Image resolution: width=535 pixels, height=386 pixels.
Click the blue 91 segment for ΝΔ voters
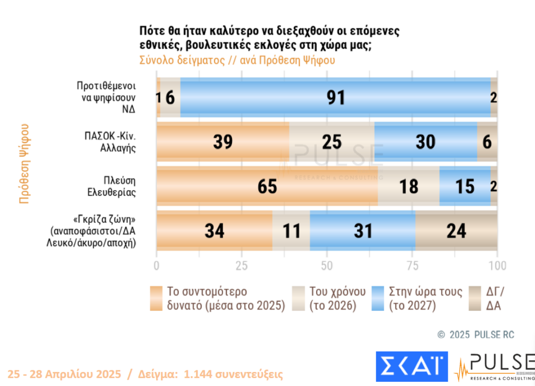[335, 97]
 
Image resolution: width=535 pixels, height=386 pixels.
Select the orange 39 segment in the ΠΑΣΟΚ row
[223, 142]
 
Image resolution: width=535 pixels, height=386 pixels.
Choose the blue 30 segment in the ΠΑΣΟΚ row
[426, 142]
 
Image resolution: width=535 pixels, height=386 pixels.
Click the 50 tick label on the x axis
[327, 265]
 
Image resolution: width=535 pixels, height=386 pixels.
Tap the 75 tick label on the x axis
[412, 265]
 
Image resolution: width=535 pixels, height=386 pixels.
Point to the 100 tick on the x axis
[497, 265]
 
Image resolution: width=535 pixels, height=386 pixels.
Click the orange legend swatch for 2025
[156, 298]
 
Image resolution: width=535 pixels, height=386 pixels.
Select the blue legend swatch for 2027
[378, 298]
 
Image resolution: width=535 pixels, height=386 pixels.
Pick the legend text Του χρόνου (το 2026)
[332, 298]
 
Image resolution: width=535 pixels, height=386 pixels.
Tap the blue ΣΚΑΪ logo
[412, 366]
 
